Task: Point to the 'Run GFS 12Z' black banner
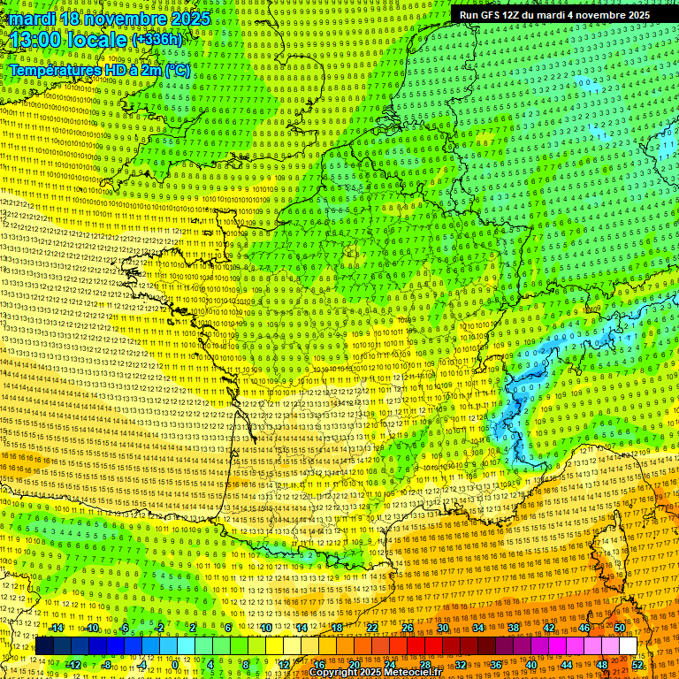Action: pos(554,15)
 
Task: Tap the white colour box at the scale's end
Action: pos(628,646)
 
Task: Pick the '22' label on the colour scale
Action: pos(372,628)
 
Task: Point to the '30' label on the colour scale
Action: pos(442,628)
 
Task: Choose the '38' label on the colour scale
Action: pos(513,628)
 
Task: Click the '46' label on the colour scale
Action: pos(584,628)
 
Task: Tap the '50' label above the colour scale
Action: pos(619,628)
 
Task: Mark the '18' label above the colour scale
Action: pos(337,628)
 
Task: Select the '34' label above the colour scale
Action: pos(477,628)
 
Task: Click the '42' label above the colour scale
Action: pos(548,628)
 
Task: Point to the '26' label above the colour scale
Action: pos(408,628)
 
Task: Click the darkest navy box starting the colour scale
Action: pos(44,646)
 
